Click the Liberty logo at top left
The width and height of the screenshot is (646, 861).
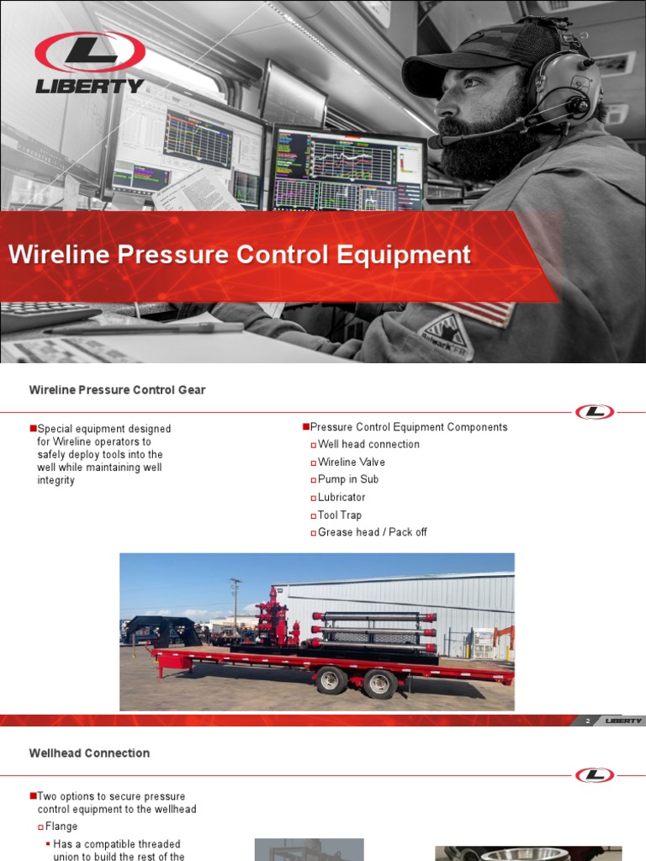click(89, 62)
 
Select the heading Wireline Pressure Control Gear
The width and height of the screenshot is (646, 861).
click(117, 390)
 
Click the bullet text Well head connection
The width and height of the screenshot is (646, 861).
click(368, 444)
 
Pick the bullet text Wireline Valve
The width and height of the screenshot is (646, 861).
click(352, 462)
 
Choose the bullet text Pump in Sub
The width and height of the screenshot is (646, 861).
click(348, 479)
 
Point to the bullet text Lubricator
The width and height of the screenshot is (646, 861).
click(342, 497)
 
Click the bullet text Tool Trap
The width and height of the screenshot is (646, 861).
click(340, 515)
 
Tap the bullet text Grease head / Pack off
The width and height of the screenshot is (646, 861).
click(373, 532)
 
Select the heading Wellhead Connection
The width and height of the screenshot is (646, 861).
click(89, 753)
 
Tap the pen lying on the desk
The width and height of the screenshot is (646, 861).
click(143, 328)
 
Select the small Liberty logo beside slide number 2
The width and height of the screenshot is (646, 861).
click(623, 721)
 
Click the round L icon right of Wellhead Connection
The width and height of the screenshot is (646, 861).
click(595, 774)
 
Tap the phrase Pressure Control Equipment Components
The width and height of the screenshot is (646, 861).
click(409, 427)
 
